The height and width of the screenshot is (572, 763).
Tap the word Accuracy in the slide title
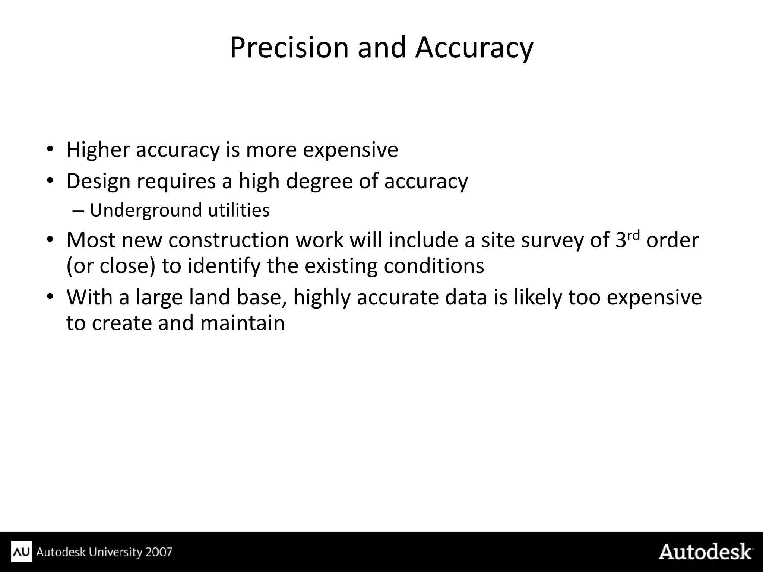[x=474, y=48]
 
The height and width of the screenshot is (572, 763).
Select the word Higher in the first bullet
[x=98, y=150]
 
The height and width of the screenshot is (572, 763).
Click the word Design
[x=98, y=181]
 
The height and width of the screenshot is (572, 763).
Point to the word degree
[x=319, y=181]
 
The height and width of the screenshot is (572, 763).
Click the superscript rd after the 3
[x=633, y=235]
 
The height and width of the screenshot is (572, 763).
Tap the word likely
[x=537, y=297]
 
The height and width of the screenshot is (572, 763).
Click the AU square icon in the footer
[x=22, y=552]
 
